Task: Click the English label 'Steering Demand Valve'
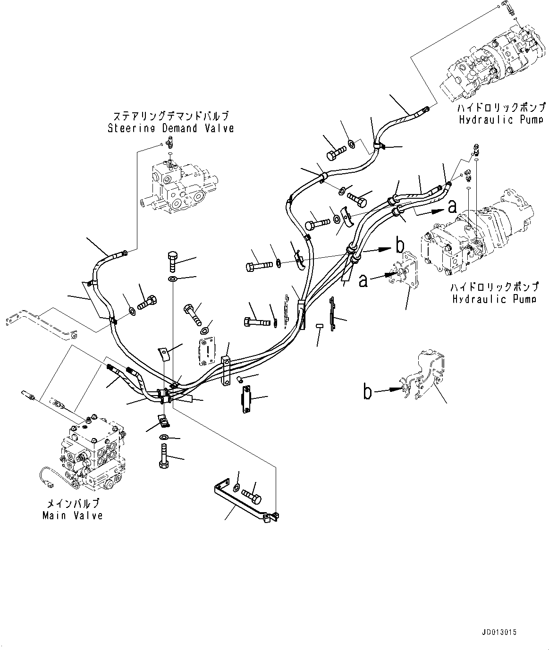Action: point(170,128)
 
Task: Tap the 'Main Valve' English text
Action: point(72,515)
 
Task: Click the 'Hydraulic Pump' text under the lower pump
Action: point(494,299)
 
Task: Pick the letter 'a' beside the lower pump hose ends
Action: point(452,207)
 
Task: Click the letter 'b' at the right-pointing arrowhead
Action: point(400,245)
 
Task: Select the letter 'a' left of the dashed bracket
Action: point(363,280)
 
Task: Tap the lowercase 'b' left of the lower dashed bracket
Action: point(367,391)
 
